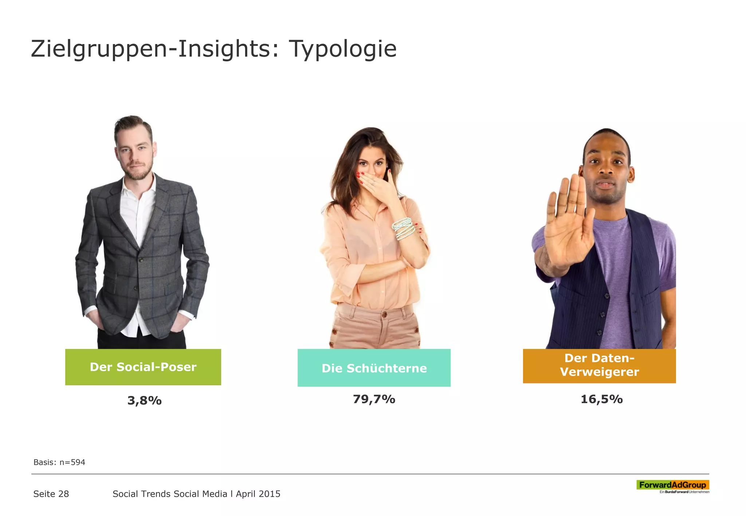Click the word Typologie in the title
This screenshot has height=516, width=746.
[342, 49]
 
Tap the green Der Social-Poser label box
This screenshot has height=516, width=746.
[143, 367]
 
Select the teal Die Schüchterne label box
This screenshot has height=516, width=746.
[374, 368]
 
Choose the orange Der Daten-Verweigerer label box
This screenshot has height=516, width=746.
[599, 365]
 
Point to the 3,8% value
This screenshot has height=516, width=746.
[145, 401]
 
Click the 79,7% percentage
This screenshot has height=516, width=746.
[374, 399]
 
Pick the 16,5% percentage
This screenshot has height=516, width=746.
[601, 399]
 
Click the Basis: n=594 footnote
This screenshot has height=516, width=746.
[59, 462]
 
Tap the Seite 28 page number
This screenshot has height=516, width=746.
[51, 494]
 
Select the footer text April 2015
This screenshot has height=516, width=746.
[258, 494]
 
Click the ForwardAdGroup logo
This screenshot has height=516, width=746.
[673, 486]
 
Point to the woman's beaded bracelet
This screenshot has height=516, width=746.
[403, 228]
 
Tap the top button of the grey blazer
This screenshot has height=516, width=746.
[141, 259]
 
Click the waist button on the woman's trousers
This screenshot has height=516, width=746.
[384, 314]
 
